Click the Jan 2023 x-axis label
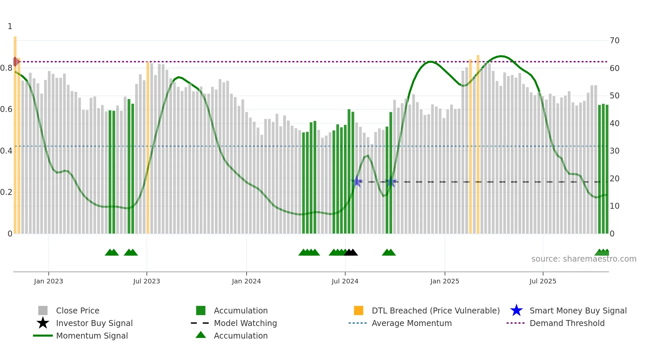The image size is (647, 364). click(x=48, y=281)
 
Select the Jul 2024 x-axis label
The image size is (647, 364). click(x=345, y=281)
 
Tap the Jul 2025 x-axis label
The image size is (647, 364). click(x=543, y=281)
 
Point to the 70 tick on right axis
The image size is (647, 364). click(x=614, y=41)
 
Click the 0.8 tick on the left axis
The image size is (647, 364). click(x=6, y=68)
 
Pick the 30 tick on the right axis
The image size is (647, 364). click(x=614, y=151)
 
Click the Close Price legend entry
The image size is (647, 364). click(x=78, y=310)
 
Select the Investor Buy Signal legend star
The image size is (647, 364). click(x=43, y=323)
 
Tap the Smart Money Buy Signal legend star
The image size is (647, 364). click(x=516, y=310)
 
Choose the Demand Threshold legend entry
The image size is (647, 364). click(x=567, y=323)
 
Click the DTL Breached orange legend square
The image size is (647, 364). click(x=358, y=310)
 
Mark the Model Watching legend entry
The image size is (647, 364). click(x=245, y=323)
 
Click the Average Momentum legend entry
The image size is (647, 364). click(x=411, y=323)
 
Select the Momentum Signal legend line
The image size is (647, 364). click(x=43, y=336)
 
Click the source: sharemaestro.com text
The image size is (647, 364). click(x=584, y=259)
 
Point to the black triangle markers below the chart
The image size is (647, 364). click(x=351, y=253)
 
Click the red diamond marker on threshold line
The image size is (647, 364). click(x=16, y=61)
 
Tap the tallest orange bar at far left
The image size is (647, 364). click(x=15, y=132)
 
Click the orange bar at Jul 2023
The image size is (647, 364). click(x=148, y=149)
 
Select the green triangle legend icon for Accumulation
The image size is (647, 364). click(x=201, y=335)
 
